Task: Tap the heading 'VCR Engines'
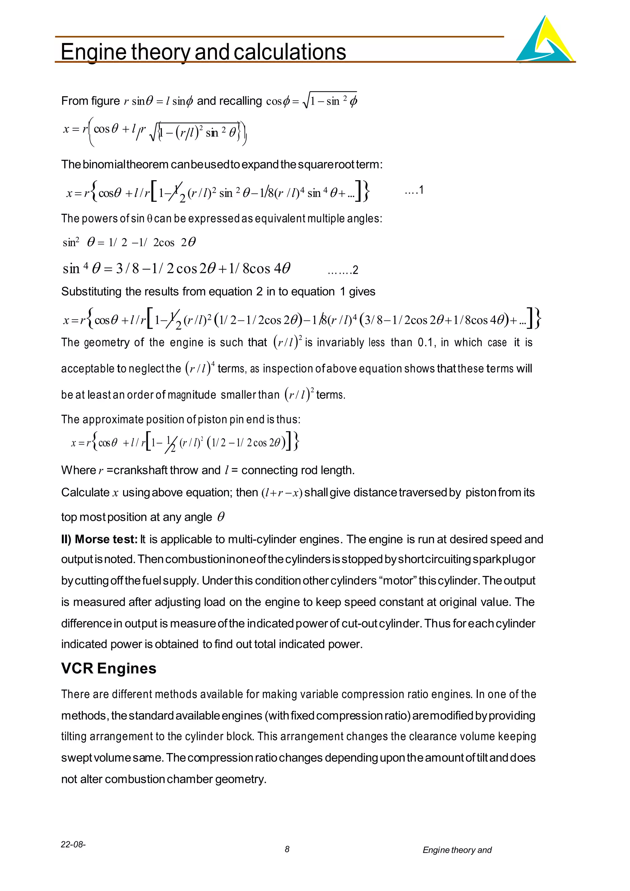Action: point(109,668)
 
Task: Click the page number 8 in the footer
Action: point(287,849)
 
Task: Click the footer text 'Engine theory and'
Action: point(457,850)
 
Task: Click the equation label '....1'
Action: point(414,190)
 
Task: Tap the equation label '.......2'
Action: point(343,270)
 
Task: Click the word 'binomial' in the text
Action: point(104,165)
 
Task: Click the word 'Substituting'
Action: point(92,291)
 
